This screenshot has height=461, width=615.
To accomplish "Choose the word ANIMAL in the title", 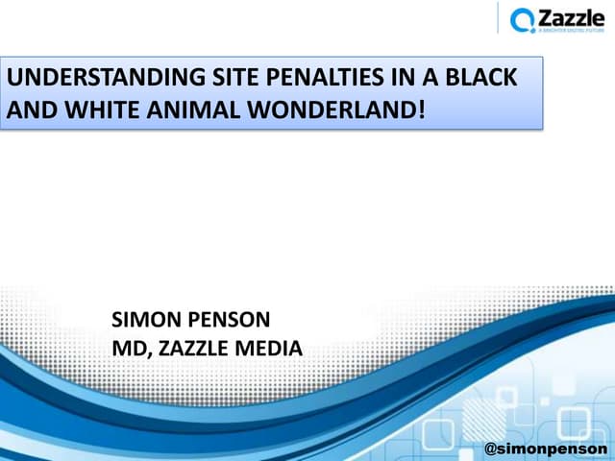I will [188, 109].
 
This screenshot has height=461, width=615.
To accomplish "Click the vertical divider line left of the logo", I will [499, 18].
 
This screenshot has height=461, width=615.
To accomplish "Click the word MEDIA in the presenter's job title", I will [271, 348].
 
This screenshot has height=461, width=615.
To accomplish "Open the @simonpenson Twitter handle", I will [546, 448].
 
